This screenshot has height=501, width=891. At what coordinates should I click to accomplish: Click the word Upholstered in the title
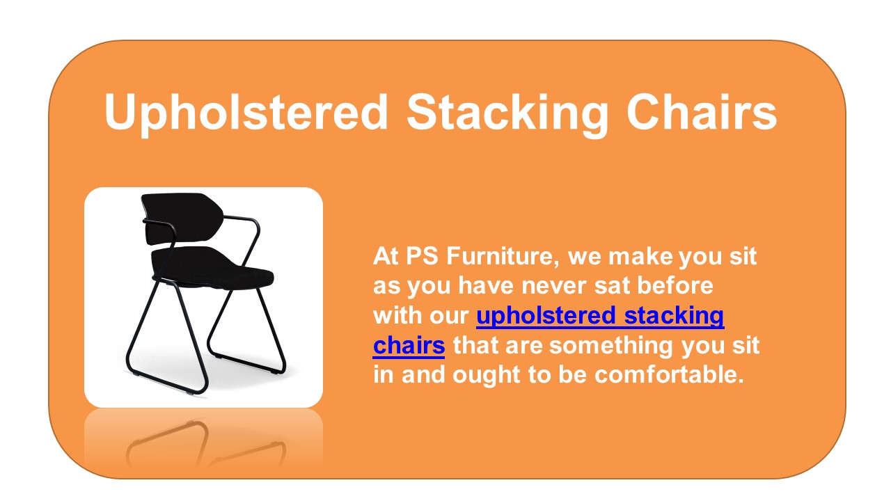coord(246,111)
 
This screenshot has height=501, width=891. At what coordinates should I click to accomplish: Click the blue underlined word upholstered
coord(546,316)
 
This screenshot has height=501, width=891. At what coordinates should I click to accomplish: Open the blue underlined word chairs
coord(409,345)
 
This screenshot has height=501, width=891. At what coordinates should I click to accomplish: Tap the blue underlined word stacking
coord(675,316)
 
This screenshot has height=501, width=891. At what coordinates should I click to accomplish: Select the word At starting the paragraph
coord(386,257)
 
